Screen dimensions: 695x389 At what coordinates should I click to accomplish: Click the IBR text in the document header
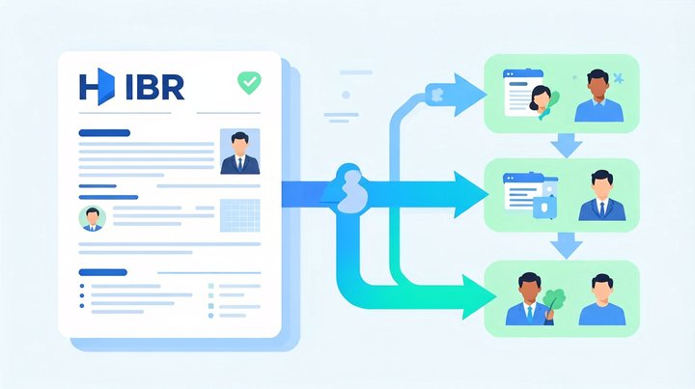(154, 87)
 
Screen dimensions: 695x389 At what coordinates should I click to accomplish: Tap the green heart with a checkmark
(250, 82)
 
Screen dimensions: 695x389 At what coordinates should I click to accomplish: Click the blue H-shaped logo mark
(97, 87)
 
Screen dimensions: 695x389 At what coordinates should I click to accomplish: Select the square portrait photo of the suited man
(239, 152)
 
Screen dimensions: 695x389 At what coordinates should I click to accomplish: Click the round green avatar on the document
(93, 218)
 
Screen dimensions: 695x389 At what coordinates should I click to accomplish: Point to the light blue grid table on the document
(240, 215)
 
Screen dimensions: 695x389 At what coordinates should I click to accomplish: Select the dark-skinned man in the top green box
(598, 96)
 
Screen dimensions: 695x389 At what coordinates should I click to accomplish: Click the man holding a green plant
(529, 299)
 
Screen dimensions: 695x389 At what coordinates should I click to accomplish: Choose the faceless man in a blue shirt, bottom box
(602, 300)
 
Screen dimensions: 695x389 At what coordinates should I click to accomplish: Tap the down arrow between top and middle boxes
(567, 146)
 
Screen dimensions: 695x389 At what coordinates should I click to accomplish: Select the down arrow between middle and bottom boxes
(567, 246)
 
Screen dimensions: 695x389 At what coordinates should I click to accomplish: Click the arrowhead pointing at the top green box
(470, 95)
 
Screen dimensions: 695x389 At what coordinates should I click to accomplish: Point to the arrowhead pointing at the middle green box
(471, 195)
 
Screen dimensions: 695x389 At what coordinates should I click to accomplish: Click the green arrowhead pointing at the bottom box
(479, 297)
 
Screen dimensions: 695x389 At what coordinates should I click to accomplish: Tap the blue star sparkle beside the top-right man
(619, 78)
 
